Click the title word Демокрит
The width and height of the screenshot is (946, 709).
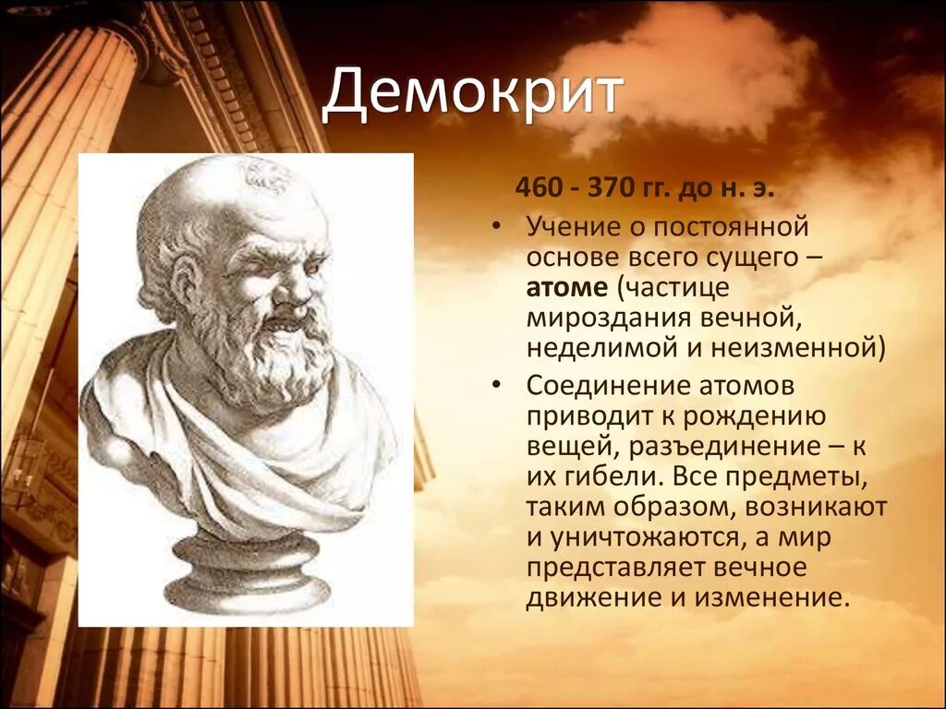[472, 94]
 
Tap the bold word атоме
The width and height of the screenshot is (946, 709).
[567, 288]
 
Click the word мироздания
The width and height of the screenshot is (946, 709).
[609, 318]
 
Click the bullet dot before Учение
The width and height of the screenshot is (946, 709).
[496, 227]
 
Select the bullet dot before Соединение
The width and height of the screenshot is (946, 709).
[496, 386]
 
